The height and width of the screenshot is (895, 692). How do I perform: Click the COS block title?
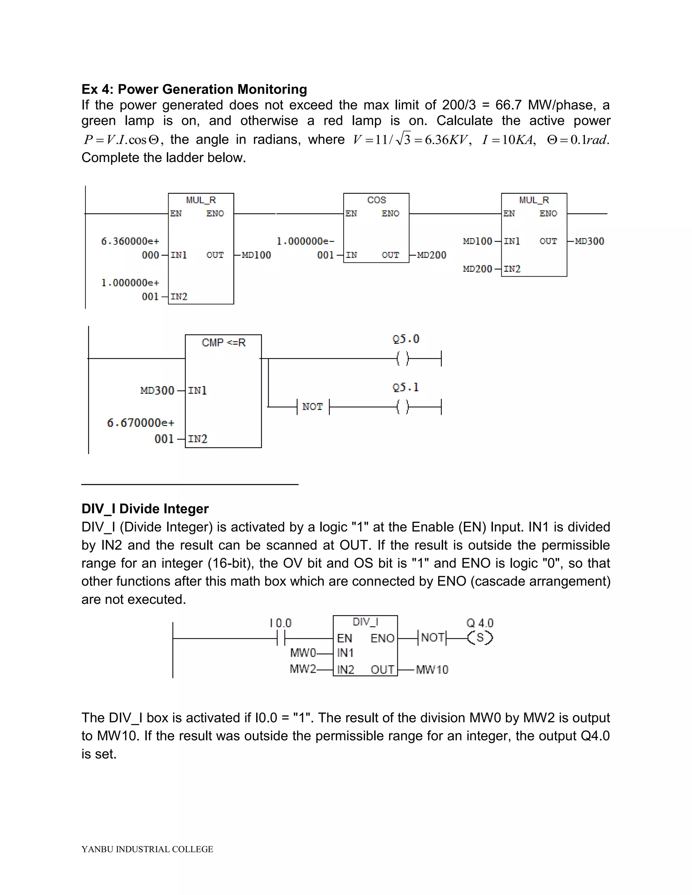(376, 200)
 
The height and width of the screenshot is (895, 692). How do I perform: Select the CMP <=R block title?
(223, 342)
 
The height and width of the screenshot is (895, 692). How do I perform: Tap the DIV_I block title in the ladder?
(365, 622)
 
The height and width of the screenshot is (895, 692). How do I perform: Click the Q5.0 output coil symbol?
(402, 359)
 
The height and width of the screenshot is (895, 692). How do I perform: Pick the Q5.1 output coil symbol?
(402, 407)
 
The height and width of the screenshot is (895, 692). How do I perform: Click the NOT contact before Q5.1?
(313, 407)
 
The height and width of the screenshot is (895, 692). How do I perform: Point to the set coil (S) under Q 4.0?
(480, 638)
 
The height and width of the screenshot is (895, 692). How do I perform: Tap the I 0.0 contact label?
(280, 623)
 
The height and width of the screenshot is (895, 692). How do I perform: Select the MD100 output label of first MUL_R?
(256, 255)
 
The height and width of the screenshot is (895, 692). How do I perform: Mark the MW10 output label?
(432, 670)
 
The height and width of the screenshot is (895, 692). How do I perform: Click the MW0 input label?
(303, 653)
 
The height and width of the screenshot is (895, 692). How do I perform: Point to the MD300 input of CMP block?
(157, 390)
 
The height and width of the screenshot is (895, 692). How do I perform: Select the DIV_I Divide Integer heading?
(145, 509)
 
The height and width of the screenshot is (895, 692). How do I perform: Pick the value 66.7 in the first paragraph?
(508, 105)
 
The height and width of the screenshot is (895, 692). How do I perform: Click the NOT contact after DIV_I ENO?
(432, 638)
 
